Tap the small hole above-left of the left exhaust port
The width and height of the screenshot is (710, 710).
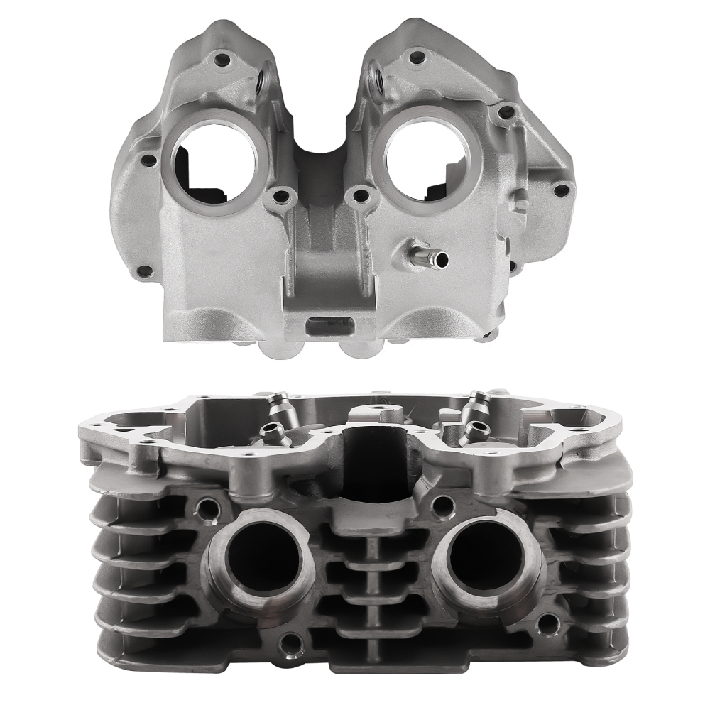(207, 507)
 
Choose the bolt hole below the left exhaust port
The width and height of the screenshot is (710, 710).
(288, 645)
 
